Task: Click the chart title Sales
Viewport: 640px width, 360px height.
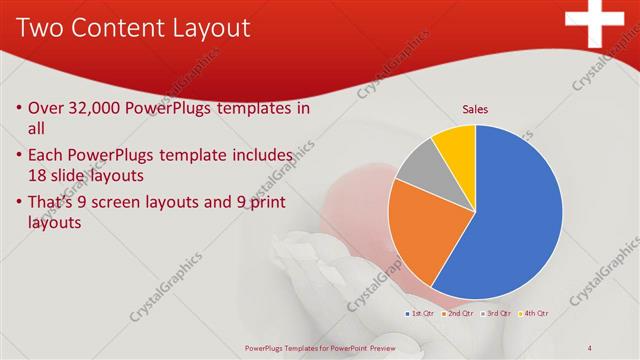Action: (x=474, y=110)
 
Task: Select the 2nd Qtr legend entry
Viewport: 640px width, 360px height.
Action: (x=459, y=313)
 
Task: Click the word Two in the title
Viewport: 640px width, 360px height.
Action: (x=40, y=27)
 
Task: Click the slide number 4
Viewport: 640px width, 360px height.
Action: (x=590, y=348)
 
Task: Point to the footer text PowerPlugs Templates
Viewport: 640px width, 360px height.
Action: (x=319, y=349)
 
